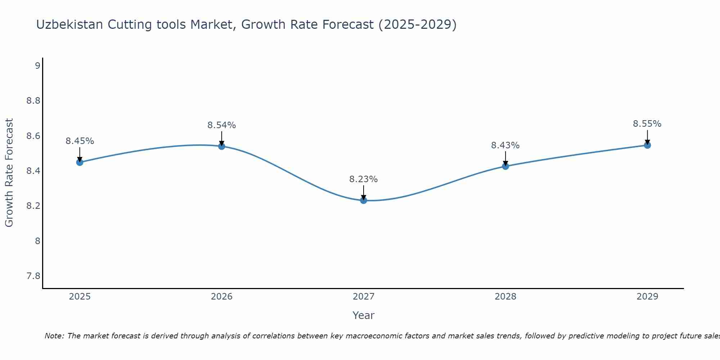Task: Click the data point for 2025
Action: click(x=80, y=162)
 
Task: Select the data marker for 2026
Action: click(x=222, y=146)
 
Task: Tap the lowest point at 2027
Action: click(x=364, y=201)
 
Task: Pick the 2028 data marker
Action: click(x=505, y=166)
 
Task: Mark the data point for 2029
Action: click(x=647, y=145)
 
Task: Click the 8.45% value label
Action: click(x=80, y=141)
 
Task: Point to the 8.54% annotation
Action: click(x=221, y=125)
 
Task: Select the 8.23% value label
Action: click(x=363, y=179)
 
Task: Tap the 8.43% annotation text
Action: click(x=505, y=145)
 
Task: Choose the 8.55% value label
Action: click(x=647, y=124)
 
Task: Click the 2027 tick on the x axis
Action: click(x=364, y=297)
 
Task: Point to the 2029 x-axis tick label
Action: click(x=647, y=297)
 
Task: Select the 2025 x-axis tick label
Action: click(x=80, y=297)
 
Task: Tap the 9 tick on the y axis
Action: click(x=37, y=66)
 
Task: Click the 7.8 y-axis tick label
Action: click(x=33, y=276)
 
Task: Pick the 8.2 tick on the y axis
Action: click(x=33, y=206)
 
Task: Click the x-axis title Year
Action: click(x=364, y=315)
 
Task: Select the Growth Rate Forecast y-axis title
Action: click(x=9, y=173)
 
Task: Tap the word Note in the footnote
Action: click(x=54, y=336)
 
